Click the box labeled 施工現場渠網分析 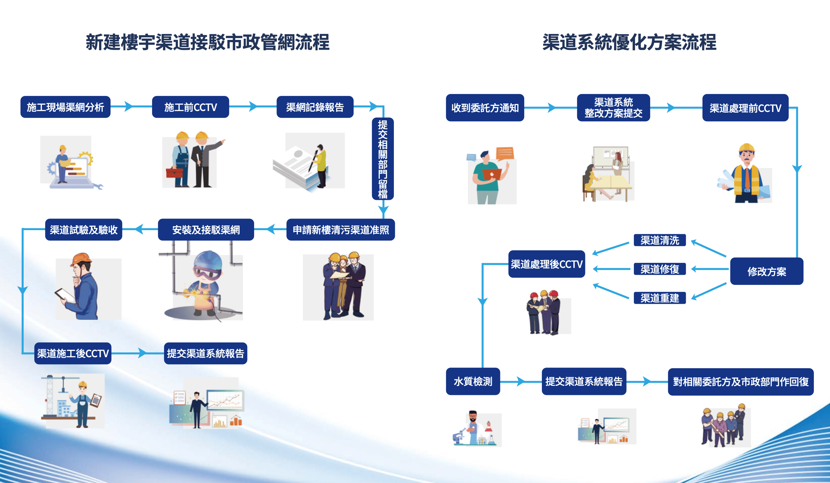[65, 107]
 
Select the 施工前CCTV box [190, 107]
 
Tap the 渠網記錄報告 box [315, 107]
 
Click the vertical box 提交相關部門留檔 [382, 159]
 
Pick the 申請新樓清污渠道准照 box [341, 230]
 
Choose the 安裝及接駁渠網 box [206, 230]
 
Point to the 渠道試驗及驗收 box [84, 230]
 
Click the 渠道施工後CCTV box [73, 353]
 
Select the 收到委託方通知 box [485, 108]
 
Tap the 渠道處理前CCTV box [745, 108]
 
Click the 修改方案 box [766, 271]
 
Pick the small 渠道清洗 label [659, 240]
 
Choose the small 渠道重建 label [659, 298]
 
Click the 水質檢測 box [473, 381]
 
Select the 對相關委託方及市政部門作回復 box [740, 382]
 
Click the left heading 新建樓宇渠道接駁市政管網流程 [207, 42]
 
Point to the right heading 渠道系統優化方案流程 [629, 42]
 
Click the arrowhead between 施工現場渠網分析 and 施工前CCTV [128, 107]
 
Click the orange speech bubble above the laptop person [505, 153]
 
